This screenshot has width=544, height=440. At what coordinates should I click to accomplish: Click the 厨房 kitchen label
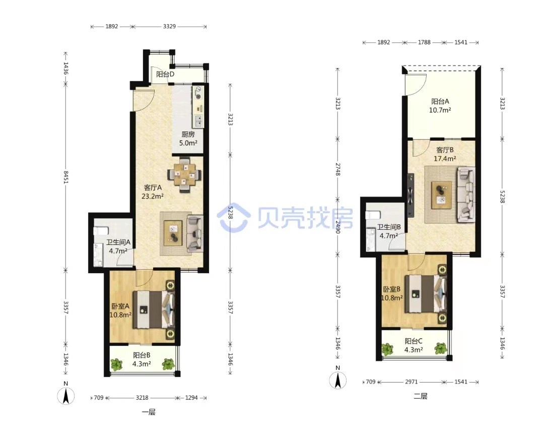pyautogui.click(x=188, y=135)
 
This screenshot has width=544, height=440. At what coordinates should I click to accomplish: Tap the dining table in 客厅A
pyautogui.click(x=184, y=175)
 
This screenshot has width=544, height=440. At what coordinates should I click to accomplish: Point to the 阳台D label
pyautogui.click(x=165, y=74)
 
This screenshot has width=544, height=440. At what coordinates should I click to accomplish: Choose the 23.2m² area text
pyautogui.click(x=152, y=196)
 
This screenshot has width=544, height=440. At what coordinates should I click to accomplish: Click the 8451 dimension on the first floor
pyautogui.click(x=65, y=176)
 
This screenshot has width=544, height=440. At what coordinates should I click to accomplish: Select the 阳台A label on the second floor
pyautogui.click(x=440, y=101)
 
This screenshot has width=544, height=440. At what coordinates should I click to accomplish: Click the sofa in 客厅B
pyautogui.click(x=466, y=195)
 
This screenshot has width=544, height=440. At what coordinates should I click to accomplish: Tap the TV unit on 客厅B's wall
pyautogui.click(x=411, y=194)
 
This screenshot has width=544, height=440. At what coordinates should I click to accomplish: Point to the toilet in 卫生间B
pyautogui.click(x=373, y=215)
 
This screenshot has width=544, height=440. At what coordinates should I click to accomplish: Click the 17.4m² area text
pyautogui.click(x=445, y=159)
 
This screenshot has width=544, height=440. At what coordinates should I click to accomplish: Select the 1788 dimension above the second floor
pyautogui.click(x=424, y=42)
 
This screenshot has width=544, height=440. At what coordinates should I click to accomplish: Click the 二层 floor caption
pyautogui.click(x=421, y=396)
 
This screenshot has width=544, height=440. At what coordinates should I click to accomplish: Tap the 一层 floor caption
pyautogui.click(x=149, y=412)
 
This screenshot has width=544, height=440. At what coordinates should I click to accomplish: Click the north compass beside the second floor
pyautogui.click(x=337, y=380)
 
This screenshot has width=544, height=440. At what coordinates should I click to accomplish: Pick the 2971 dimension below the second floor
pyautogui.click(x=412, y=382)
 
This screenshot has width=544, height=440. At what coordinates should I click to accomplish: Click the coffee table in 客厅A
pyautogui.click(x=173, y=233)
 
